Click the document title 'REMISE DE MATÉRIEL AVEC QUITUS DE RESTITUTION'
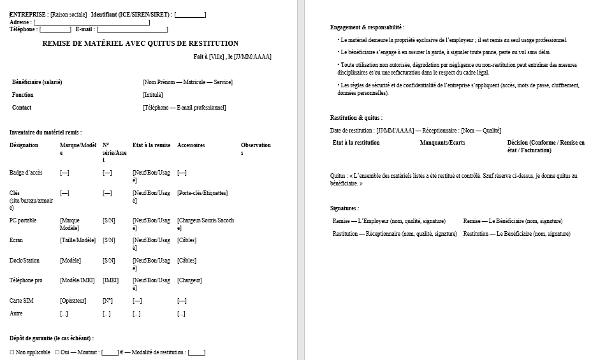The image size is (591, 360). tap(140, 44)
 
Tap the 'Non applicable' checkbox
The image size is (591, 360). tap(13, 352)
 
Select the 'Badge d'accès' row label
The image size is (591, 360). tap(26, 173)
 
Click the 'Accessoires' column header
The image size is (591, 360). tap(191, 145)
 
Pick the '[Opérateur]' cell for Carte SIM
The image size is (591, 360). tap(73, 301)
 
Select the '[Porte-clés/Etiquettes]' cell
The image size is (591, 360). tap(202, 193)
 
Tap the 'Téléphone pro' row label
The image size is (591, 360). tap(27, 280)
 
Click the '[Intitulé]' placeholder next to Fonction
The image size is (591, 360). tap(153, 95)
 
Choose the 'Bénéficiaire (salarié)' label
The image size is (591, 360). tap(37, 82)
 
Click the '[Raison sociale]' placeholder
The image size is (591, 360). tap(68, 15)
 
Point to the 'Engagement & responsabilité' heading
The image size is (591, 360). tap(367, 27)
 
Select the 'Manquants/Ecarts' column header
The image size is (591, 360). tap(442, 143)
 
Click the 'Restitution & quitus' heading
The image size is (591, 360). tap(356, 118)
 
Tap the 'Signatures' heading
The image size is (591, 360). tap(344, 208)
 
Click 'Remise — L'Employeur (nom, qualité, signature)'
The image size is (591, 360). tap(389, 221)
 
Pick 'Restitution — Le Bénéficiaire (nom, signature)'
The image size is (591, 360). tap(516, 234)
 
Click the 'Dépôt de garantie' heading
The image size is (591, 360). tap(51, 338)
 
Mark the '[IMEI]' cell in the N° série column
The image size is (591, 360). tap(110, 280)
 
